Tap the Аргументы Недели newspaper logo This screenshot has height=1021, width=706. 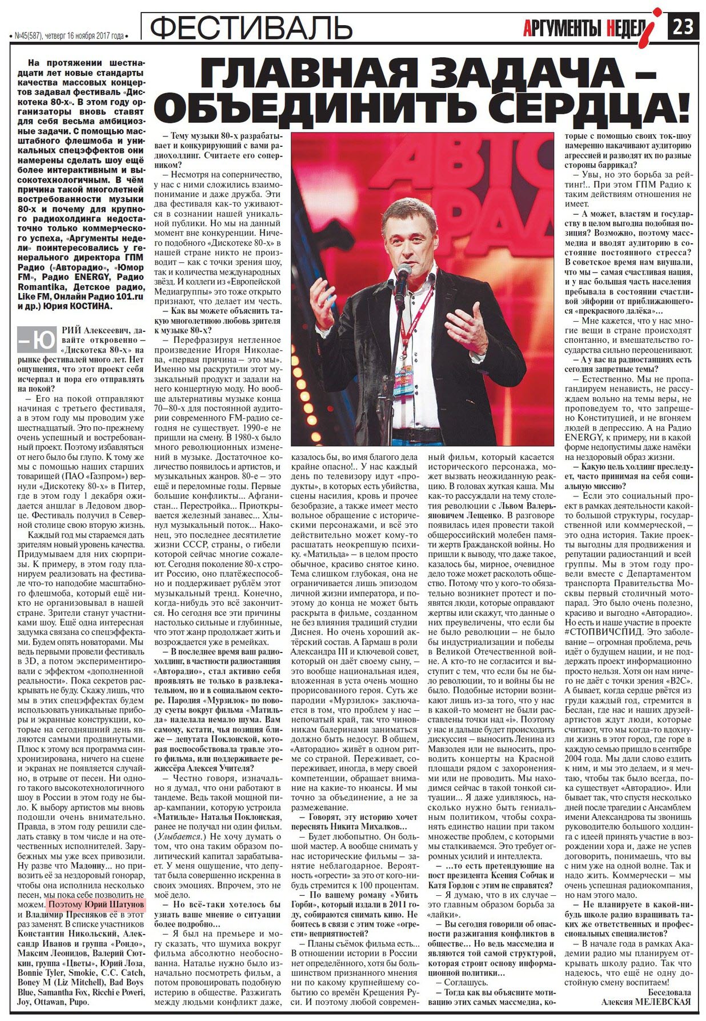pyautogui.click(x=592, y=26)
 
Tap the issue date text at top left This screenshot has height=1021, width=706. pyautogui.click(x=69, y=35)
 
